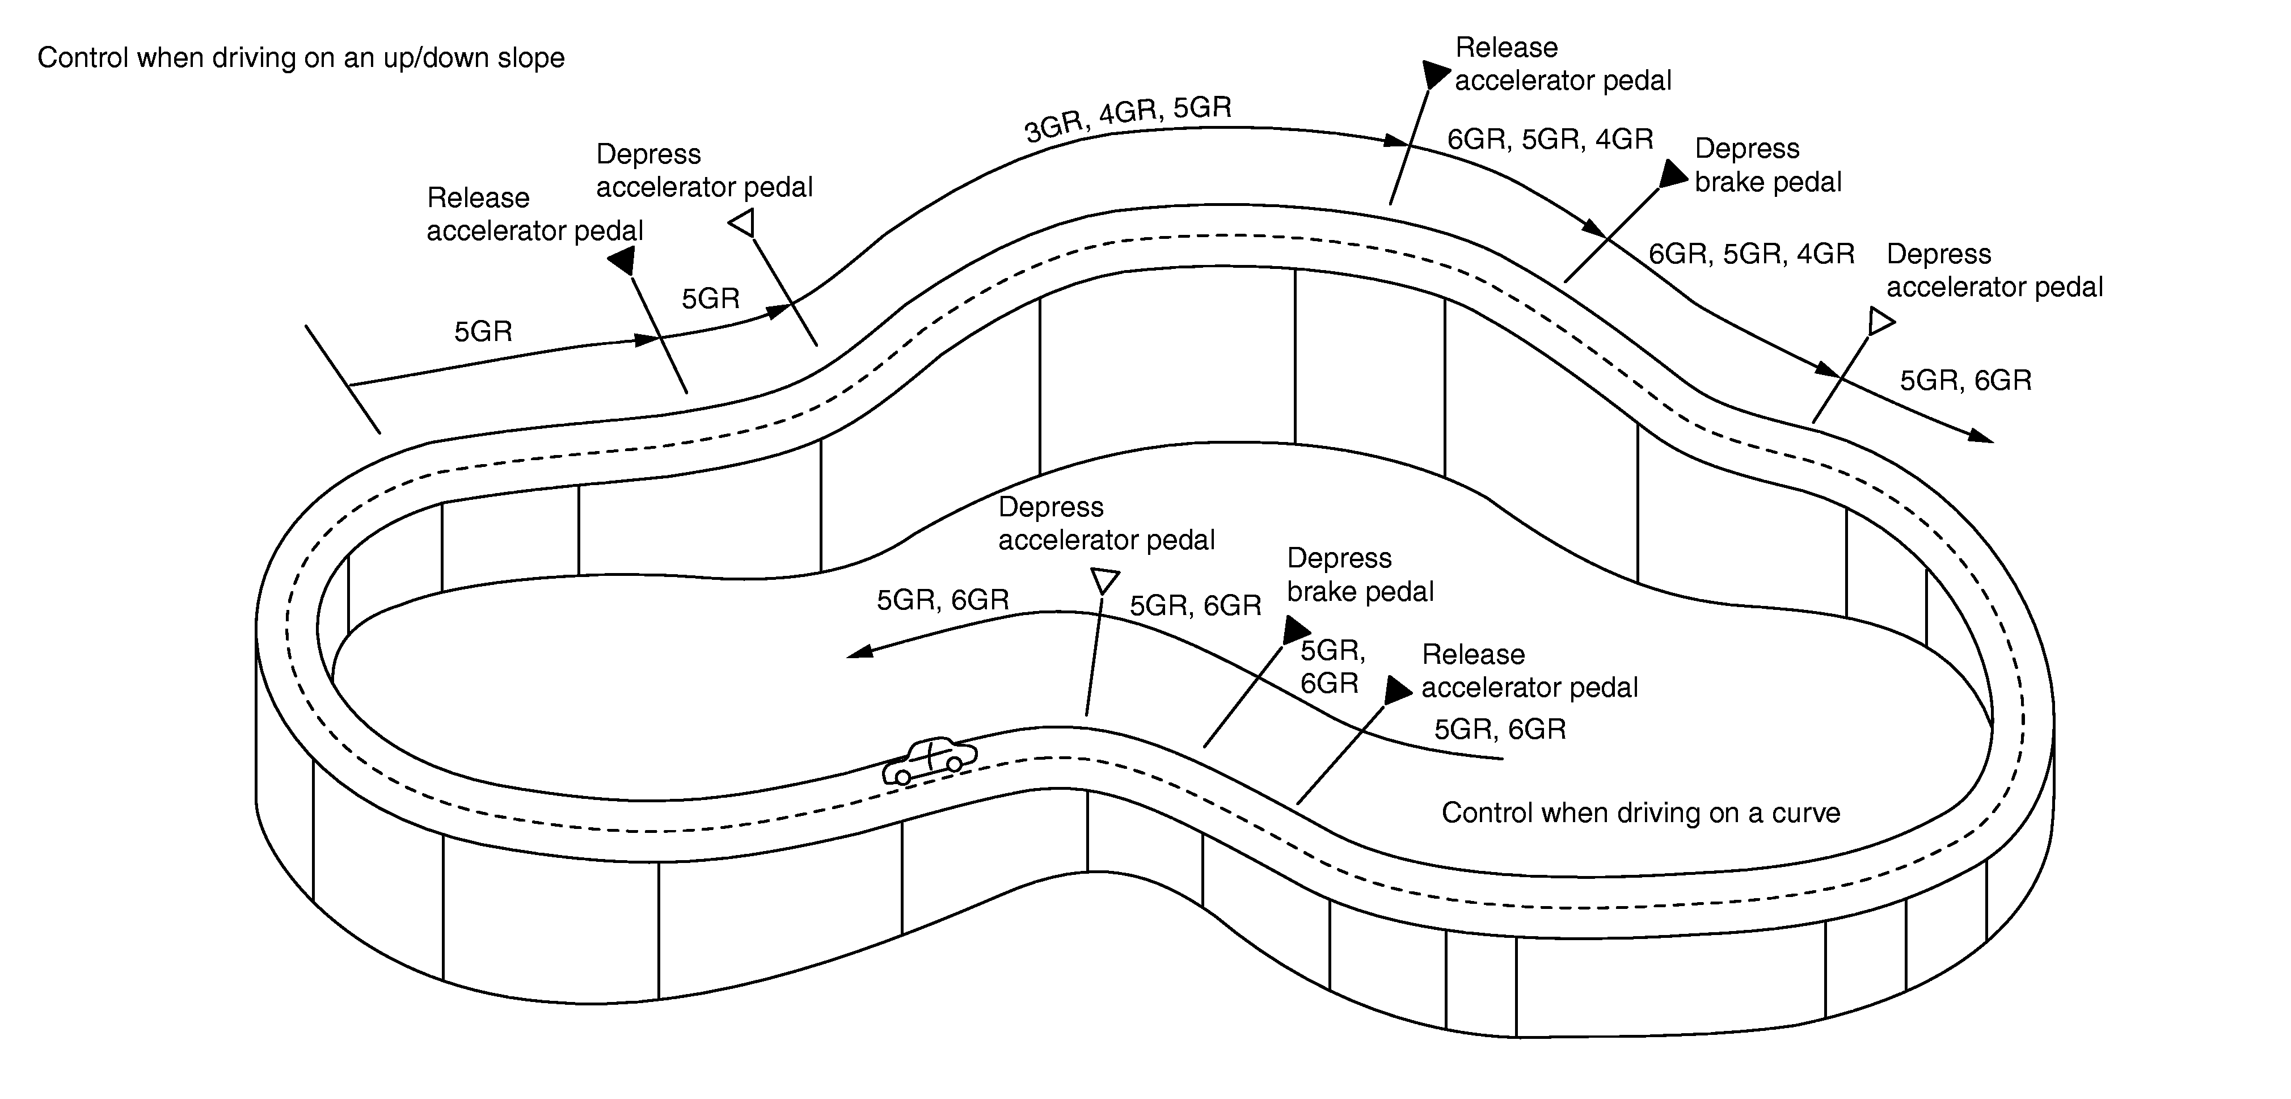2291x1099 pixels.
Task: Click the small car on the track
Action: pyautogui.click(x=929, y=761)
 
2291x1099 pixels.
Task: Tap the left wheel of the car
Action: pyautogui.click(x=902, y=777)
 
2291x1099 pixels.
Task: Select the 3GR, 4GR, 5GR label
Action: pyautogui.click(x=1128, y=119)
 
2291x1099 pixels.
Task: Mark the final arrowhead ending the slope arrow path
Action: pyautogui.click(x=1981, y=436)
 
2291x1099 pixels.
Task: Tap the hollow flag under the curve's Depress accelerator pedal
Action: pyautogui.click(x=1104, y=581)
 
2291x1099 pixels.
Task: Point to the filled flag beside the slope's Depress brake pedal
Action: pyautogui.click(x=1673, y=174)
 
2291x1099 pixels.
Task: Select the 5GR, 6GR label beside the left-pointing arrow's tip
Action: pyautogui.click(x=943, y=600)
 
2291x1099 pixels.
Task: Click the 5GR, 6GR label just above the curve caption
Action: pyautogui.click(x=1500, y=730)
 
